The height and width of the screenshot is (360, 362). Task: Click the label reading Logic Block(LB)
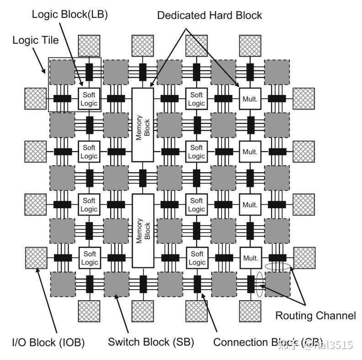[69, 15]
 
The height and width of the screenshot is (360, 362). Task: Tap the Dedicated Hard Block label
[209, 15]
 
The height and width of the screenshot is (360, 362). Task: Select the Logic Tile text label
[36, 40]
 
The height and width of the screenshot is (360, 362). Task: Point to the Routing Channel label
[315, 315]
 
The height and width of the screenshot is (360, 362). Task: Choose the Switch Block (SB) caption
[151, 342]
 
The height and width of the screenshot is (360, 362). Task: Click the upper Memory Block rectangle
[143, 125]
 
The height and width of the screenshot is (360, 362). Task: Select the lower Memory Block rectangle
[143, 231]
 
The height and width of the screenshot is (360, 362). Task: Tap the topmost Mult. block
[250, 98]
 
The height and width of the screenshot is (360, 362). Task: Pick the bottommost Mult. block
[250, 258]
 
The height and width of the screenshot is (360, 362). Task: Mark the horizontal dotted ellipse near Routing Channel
[278, 267]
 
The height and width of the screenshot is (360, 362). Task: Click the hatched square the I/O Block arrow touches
[36, 259]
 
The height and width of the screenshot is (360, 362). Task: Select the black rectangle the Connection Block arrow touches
[197, 284]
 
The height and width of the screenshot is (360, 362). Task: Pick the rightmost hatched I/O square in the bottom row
[250, 311]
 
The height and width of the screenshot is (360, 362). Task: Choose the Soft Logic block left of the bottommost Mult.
[197, 258]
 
